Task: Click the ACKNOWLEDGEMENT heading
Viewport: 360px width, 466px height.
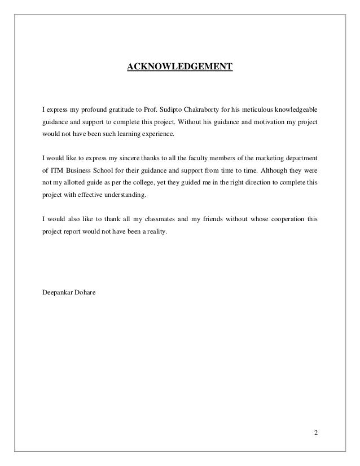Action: click(179, 67)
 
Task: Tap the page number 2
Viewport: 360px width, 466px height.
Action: click(316, 433)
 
